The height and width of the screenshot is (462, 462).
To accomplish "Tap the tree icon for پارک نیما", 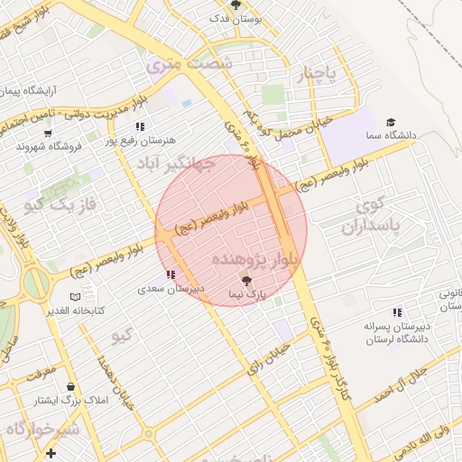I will (x=248, y=282).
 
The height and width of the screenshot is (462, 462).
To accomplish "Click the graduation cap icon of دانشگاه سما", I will (x=391, y=123).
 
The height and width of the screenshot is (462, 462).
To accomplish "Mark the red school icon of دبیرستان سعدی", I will (x=171, y=273).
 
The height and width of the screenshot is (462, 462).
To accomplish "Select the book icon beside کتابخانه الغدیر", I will (x=76, y=297).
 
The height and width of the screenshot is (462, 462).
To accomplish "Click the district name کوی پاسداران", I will (x=365, y=216).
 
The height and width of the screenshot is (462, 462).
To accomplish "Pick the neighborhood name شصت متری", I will (x=190, y=63).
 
